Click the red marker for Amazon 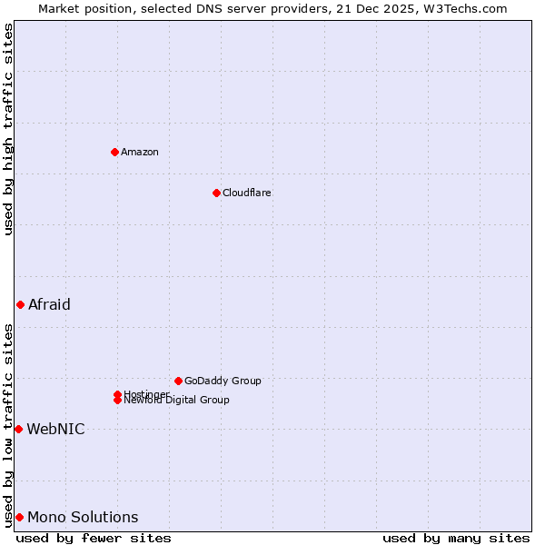[x=114, y=152]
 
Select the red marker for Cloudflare [x=216, y=193]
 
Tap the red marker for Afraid [x=20, y=304]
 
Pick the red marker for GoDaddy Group [x=178, y=381]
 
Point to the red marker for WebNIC [x=18, y=429]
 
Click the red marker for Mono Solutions [x=19, y=517]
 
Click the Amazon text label [x=140, y=152]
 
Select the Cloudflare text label [x=247, y=193]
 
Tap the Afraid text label [x=49, y=304]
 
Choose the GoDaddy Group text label [x=223, y=381]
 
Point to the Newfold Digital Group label [x=177, y=401]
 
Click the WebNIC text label [x=55, y=429]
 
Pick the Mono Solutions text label [x=83, y=517]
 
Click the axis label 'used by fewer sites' [x=94, y=538]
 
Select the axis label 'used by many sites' [x=456, y=538]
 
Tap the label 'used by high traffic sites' [x=8, y=129]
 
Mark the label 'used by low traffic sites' [x=8, y=424]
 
